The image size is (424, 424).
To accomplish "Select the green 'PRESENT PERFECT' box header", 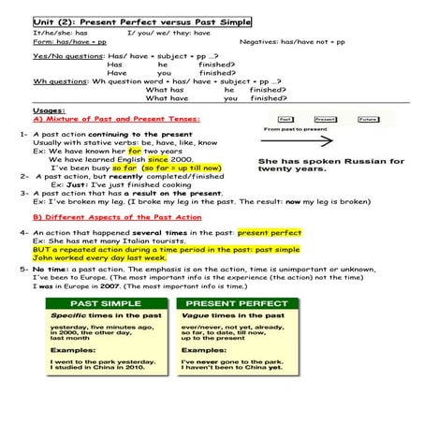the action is pos(235,304).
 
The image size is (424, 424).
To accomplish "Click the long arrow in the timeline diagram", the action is pos(308,143).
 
